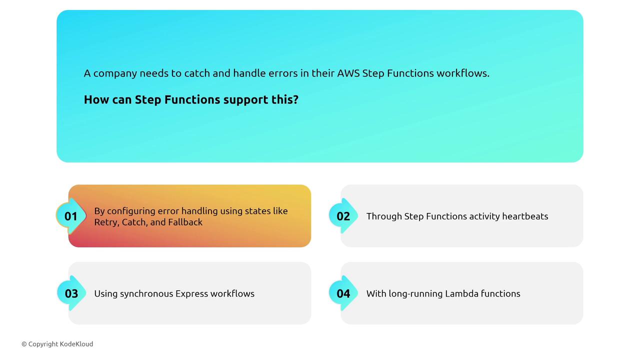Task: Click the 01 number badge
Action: coord(71,216)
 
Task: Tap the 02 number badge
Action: coord(343,216)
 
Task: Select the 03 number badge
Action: coord(71,293)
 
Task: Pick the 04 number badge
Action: coord(343,293)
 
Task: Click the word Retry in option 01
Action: coord(106,222)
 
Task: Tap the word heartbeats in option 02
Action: coord(525,216)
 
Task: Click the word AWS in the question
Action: coord(348,73)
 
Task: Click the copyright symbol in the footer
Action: coord(24,344)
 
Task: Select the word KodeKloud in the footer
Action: coord(76,344)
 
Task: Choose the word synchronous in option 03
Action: coord(146,294)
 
